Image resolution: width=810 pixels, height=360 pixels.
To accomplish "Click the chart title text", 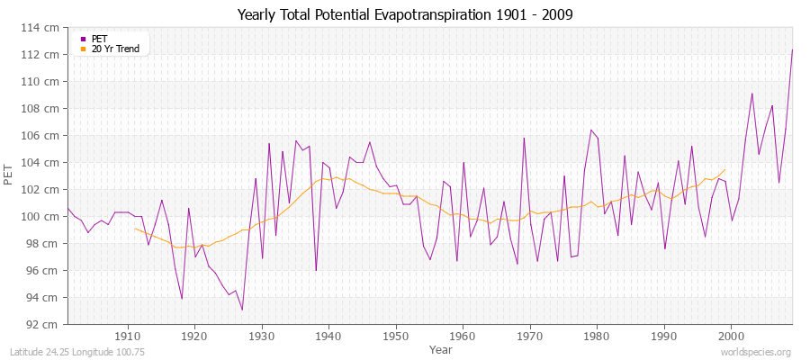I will [405, 14].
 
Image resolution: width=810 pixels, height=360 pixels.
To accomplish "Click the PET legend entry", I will [100, 39].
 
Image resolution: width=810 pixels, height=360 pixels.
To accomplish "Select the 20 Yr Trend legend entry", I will [115, 49].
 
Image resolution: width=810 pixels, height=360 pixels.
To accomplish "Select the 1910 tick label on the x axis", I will [127, 336].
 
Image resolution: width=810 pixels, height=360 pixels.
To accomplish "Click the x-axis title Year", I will [441, 348].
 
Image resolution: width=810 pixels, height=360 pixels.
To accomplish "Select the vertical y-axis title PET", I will [9, 176].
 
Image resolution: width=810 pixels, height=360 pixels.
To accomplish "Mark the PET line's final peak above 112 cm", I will [792, 49].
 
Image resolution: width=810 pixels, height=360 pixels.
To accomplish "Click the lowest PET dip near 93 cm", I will [242, 310].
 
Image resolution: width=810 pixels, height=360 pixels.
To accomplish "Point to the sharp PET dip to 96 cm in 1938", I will [316, 270].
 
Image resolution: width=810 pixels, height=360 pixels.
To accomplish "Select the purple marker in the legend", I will [84, 39].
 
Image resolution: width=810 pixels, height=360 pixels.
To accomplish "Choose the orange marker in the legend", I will [84, 49].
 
